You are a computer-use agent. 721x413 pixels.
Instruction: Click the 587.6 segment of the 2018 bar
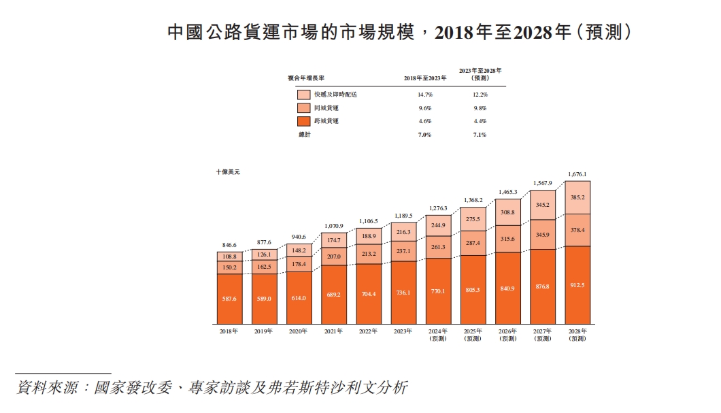(x=229, y=298)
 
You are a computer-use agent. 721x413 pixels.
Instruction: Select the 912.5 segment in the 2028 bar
(x=577, y=284)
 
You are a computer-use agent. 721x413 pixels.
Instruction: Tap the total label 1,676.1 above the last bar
(x=577, y=174)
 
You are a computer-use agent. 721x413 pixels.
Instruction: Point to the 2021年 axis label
(x=333, y=331)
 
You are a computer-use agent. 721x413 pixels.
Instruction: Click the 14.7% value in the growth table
(x=425, y=95)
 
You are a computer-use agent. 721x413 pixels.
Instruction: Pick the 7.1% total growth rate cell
(x=480, y=135)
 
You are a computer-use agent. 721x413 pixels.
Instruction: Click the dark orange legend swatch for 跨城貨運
(x=304, y=121)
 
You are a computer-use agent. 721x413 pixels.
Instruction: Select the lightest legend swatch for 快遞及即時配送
(x=304, y=95)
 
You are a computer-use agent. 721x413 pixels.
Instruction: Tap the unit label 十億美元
(x=228, y=172)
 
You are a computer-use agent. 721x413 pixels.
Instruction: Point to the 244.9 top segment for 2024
(x=437, y=225)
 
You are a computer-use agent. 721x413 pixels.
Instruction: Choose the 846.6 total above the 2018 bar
(x=229, y=244)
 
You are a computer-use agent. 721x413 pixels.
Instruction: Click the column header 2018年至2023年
(x=425, y=78)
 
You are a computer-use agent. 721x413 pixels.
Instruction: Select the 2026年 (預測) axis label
(x=507, y=335)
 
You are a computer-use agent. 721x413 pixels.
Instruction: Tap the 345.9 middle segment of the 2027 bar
(x=542, y=235)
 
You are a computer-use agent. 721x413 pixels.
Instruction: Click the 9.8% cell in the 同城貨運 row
(x=480, y=108)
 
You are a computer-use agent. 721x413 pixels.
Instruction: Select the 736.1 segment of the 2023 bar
(x=403, y=293)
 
